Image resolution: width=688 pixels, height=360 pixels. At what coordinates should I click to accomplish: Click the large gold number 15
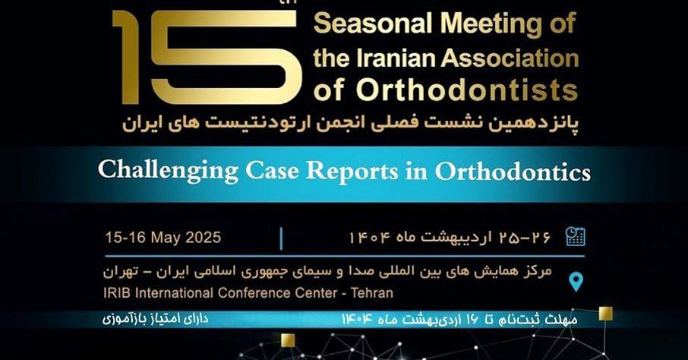pyautogui.click(x=207, y=57)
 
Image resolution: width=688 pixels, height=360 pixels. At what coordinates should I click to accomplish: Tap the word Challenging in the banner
pyautogui.click(x=168, y=171)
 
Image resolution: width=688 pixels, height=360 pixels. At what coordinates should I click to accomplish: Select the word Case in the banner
pyautogui.click(x=272, y=170)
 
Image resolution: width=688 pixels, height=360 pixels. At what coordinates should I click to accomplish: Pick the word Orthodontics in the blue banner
pyautogui.click(x=513, y=171)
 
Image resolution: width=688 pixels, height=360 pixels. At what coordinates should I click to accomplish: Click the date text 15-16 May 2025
pyautogui.click(x=163, y=238)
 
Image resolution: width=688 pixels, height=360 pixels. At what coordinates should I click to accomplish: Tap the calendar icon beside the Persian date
pyautogui.click(x=576, y=235)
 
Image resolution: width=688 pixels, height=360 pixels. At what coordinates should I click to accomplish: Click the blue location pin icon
pyautogui.click(x=576, y=282)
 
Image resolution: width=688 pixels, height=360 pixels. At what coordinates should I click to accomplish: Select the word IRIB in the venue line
pyautogui.click(x=117, y=293)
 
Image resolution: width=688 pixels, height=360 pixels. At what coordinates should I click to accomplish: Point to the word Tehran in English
pyautogui.click(x=372, y=293)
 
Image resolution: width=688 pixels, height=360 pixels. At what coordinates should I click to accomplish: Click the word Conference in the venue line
pyautogui.click(x=255, y=293)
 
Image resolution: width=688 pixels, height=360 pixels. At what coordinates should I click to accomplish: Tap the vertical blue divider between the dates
pyautogui.click(x=281, y=238)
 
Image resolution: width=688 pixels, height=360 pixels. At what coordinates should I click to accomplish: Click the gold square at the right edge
pyautogui.click(x=605, y=314)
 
